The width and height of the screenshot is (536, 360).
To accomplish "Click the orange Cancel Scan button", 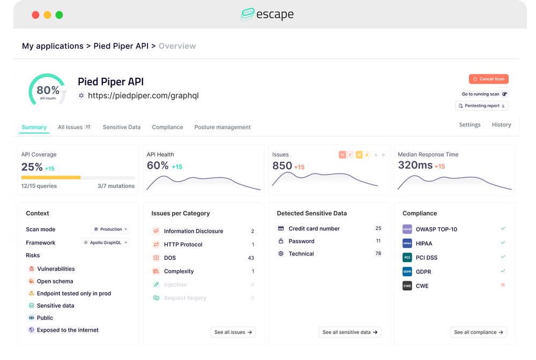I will (x=488, y=79).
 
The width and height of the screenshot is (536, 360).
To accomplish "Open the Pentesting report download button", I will (x=482, y=106).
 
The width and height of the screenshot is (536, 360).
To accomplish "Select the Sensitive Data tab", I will (x=122, y=127).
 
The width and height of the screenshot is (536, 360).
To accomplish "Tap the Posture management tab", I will (x=222, y=127).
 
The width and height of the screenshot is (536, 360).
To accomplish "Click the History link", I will (x=501, y=124).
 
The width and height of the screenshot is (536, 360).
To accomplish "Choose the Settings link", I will (x=470, y=124).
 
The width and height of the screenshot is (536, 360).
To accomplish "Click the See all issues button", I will (x=233, y=332).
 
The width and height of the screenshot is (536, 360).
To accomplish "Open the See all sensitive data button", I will (x=350, y=332).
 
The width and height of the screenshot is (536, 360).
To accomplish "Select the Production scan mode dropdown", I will (x=110, y=229).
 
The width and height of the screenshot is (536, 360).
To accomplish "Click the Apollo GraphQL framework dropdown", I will (x=106, y=243).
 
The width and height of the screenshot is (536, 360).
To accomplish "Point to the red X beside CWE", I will (x=503, y=285).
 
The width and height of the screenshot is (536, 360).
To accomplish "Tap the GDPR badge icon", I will (x=407, y=272).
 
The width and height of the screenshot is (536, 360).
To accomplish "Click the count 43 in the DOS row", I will (x=251, y=258).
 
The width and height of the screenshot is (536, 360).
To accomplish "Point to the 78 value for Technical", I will (x=378, y=253).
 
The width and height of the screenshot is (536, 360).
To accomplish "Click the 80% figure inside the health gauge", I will (x=48, y=90).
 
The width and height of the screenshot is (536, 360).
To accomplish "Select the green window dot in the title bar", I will (x=59, y=15).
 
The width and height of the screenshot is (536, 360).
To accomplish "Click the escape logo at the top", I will (x=267, y=14).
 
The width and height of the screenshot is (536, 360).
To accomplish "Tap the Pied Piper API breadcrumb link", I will (x=121, y=46).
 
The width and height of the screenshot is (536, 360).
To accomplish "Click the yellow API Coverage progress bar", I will (x=51, y=177).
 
